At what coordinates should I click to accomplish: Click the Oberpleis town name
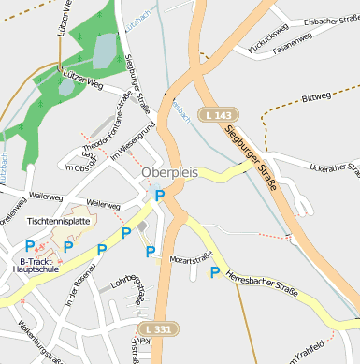coord(169,173)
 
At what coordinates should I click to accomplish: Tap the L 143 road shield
coord(216,114)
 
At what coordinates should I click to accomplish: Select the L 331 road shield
coord(158,329)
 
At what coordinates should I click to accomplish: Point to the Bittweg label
coord(317,96)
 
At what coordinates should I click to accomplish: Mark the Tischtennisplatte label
coord(60,221)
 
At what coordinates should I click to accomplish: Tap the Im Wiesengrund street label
coord(132,142)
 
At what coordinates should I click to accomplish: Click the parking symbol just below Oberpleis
coord(159,195)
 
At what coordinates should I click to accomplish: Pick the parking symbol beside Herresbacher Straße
coord(215,272)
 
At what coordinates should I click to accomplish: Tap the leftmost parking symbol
coord(30,245)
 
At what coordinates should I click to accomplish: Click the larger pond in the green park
coord(104,50)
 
